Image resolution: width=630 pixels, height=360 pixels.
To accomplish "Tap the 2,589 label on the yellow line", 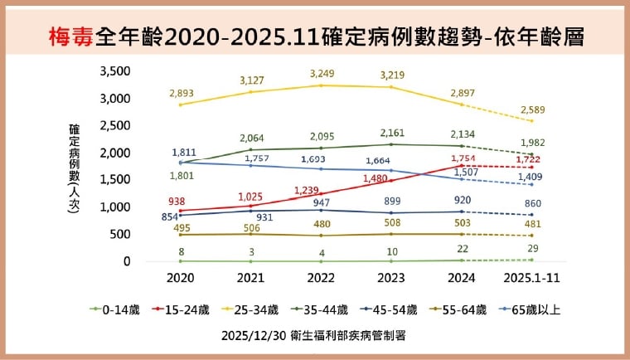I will point(532,109).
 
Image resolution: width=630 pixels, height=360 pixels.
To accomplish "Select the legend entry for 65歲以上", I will point(531,309).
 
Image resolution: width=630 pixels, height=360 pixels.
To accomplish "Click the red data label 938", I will point(176,201).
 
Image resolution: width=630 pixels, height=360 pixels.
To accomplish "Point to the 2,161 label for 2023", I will point(392,133).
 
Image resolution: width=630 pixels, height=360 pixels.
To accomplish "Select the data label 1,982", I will point(532,143).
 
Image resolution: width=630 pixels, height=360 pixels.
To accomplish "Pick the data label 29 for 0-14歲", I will point(532,249).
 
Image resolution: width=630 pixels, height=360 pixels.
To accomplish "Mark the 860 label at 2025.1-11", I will point(532,202).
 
